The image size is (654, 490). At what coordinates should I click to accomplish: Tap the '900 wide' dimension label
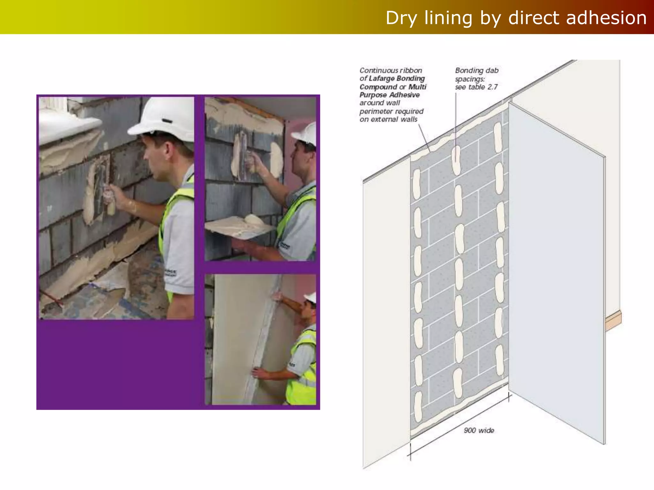pyautogui.click(x=479, y=430)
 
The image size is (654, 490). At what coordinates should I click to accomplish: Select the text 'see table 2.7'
pyautogui.click(x=476, y=87)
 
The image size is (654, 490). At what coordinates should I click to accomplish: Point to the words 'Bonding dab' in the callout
pyautogui.click(x=476, y=71)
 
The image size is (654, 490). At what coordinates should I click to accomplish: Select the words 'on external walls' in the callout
pyautogui.click(x=388, y=119)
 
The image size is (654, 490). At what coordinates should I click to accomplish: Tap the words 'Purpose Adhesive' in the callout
pyautogui.click(x=389, y=95)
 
